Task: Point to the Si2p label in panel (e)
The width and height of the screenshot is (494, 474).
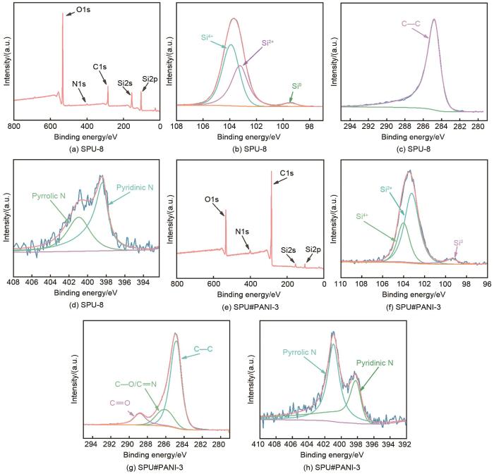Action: point(313,249)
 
